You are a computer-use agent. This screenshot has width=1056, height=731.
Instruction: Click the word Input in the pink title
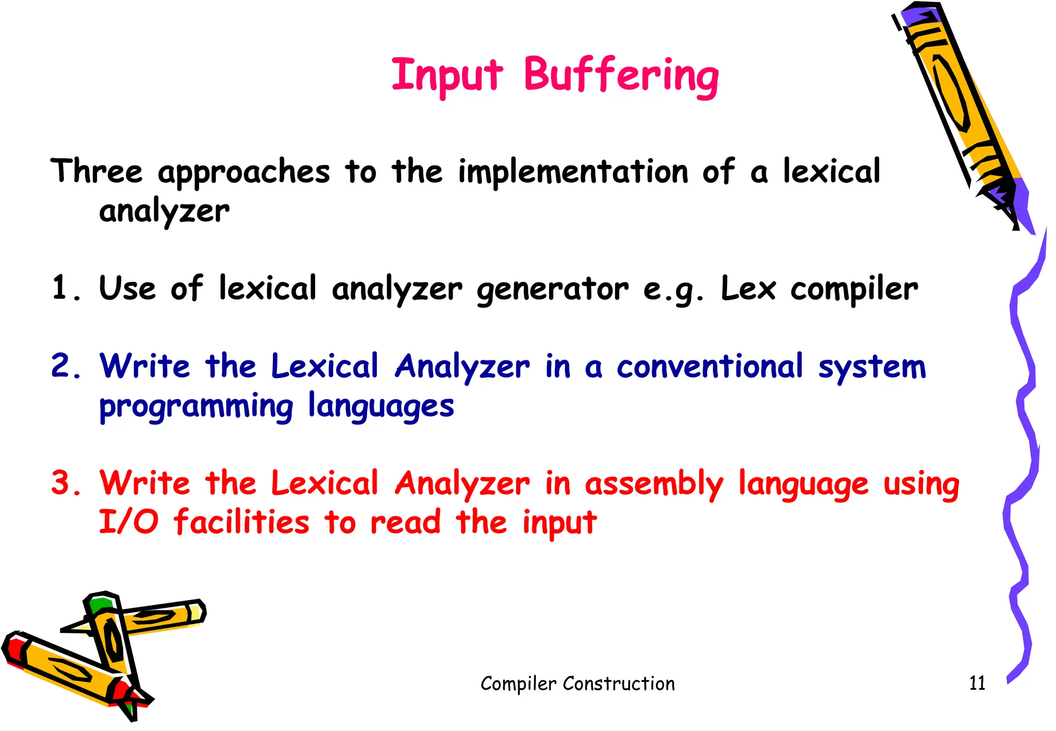coord(447,76)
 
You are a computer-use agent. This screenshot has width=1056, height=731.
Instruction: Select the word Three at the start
coord(96,171)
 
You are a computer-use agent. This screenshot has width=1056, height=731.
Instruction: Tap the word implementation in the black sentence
coord(573,172)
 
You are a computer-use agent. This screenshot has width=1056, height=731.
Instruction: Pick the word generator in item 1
coord(552,290)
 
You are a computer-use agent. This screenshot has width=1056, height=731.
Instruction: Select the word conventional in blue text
coord(710,367)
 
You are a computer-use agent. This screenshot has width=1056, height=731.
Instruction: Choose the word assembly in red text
coord(654,485)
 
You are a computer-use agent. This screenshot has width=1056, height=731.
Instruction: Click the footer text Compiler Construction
coord(577,684)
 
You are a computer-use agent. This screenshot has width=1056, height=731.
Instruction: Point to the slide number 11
coord(977,683)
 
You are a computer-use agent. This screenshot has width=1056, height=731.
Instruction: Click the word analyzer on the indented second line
coord(164,212)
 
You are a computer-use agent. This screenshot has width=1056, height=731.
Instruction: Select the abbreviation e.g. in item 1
coord(673,290)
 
